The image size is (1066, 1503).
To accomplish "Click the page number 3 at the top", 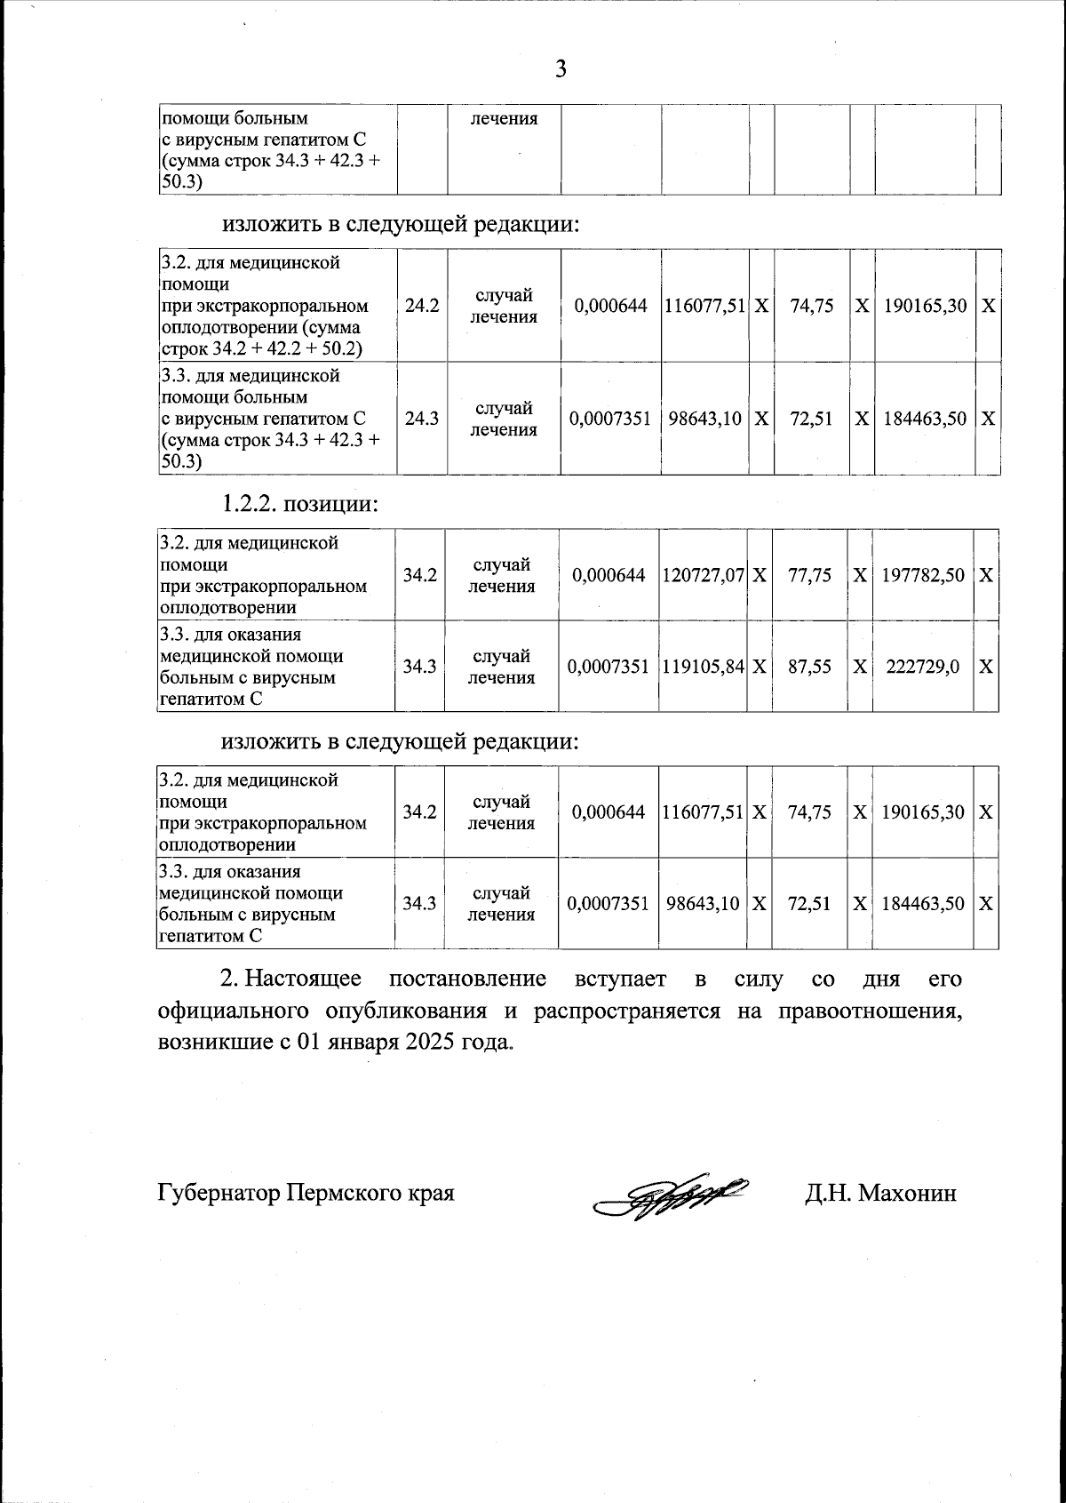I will (561, 68).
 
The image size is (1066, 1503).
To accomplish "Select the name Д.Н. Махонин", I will (880, 1193).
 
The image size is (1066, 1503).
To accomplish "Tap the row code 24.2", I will (422, 306).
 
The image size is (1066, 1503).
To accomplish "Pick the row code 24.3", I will (422, 419).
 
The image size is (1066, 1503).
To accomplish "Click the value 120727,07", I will (703, 575).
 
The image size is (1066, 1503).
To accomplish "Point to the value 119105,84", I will (703, 666).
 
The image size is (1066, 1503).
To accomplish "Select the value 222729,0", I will (922, 666).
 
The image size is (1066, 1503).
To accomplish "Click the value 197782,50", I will (922, 575).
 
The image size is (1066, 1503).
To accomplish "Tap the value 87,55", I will (809, 666).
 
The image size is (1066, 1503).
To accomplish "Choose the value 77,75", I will (809, 575).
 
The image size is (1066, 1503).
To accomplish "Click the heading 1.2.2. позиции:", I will (300, 504).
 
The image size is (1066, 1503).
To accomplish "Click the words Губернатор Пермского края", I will (306, 1193).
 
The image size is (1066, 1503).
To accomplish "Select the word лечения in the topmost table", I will (504, 118).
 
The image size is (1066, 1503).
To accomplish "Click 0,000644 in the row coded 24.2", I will (611, 306).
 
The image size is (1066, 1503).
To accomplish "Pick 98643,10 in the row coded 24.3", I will (704, 419).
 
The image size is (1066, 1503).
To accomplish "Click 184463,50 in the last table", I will (922, 904).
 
